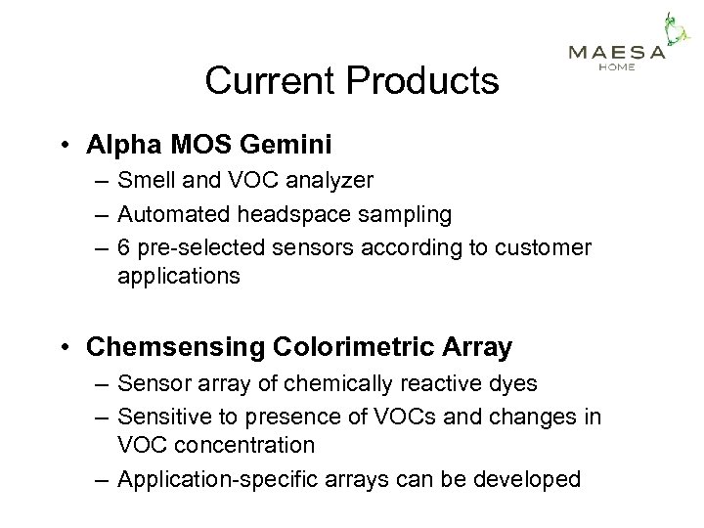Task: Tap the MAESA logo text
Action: tap(617, 53)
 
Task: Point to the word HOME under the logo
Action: tap(617, 67)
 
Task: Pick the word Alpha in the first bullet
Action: tap(116, 146)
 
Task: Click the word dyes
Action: tap(514, 384)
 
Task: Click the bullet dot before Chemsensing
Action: tap(65, 348)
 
